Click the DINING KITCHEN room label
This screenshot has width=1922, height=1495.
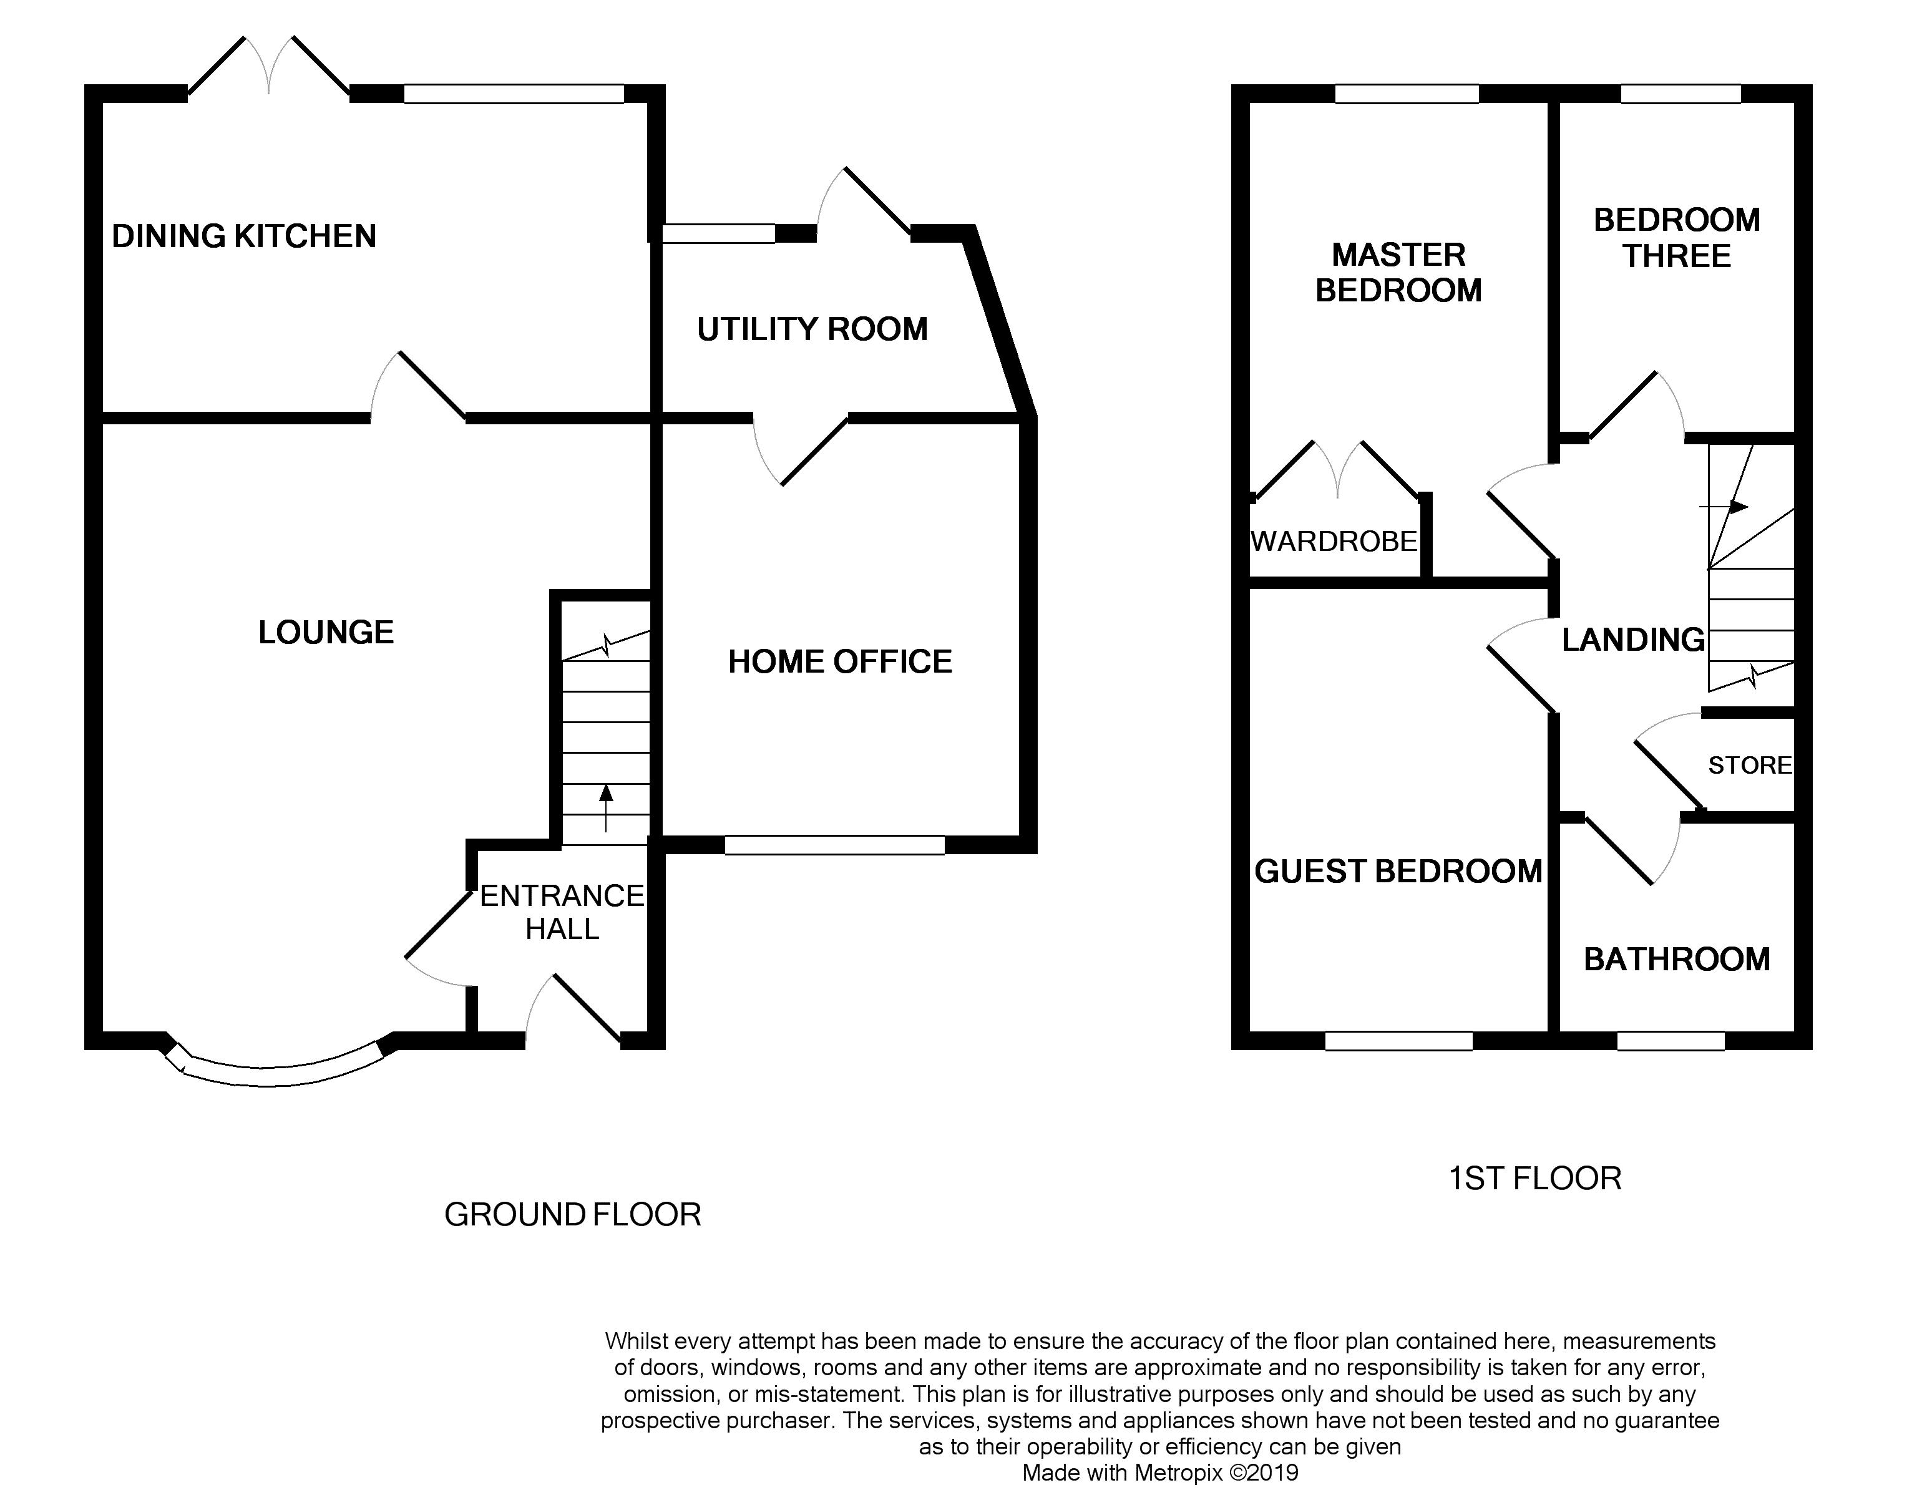[x=244, y=236]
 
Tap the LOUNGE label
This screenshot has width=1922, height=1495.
[x=326, y=632]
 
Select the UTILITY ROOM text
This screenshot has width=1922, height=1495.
[x=812, y=329]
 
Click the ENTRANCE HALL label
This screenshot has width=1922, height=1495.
[x=562, y=912]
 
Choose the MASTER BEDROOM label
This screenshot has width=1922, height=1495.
[x=1398, y=272]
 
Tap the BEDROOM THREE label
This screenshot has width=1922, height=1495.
[x=1677, y=238]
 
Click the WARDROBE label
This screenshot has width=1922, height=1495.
[x=1334, y=541]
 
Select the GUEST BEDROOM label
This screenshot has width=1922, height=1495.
[x=1398, y=871]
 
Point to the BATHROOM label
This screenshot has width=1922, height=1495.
[x=1677, y=959]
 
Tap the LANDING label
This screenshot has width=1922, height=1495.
[x=1633, y=640]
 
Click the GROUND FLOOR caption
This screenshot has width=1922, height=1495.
[x=573, y=1214]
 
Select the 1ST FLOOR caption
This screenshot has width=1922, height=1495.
[x=1534, y=1178]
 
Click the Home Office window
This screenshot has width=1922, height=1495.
[x=834, y=845]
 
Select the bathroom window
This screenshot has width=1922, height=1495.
[x=1671, y=1041]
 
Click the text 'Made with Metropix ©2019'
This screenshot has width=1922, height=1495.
[x=1160, y=1473]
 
